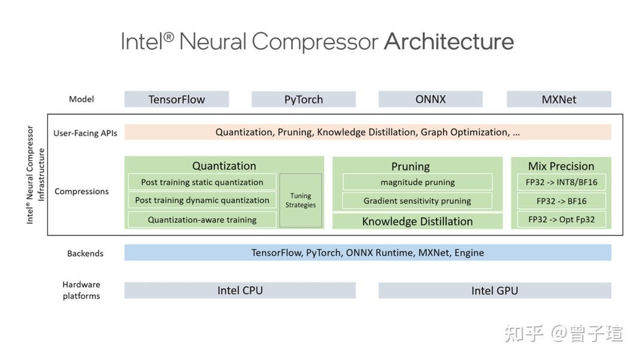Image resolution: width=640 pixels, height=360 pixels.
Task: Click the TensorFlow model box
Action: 176,99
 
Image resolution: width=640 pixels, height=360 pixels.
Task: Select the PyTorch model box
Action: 303,99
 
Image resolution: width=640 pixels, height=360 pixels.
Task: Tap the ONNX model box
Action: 430,99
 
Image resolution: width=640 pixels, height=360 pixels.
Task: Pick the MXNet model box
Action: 559,99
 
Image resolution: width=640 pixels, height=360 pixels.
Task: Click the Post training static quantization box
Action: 202,182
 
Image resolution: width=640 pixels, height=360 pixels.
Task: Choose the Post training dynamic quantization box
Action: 202,200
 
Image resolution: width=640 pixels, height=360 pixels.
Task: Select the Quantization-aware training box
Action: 202,220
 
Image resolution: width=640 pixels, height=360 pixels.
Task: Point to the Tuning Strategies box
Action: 300,201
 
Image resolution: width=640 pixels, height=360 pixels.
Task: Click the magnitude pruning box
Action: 417,182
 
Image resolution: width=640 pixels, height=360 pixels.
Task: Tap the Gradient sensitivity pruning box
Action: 417,201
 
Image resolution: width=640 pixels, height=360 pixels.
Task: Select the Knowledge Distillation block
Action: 417,221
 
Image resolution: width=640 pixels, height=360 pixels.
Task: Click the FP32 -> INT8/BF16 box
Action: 561,182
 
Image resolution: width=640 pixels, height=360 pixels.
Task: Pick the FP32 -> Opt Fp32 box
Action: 561,219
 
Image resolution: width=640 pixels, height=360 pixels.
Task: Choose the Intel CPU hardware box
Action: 240,290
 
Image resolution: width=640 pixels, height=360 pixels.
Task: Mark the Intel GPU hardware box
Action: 495,290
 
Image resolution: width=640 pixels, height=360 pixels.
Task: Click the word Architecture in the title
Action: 448,41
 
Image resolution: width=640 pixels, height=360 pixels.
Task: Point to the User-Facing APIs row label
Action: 85,133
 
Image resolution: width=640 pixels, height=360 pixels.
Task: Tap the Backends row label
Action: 85,254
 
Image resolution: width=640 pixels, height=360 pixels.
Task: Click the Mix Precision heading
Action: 561,166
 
